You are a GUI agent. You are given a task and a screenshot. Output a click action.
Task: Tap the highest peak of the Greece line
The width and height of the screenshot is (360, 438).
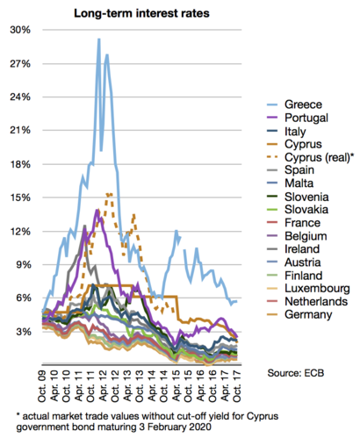click(x=98, y=39)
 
